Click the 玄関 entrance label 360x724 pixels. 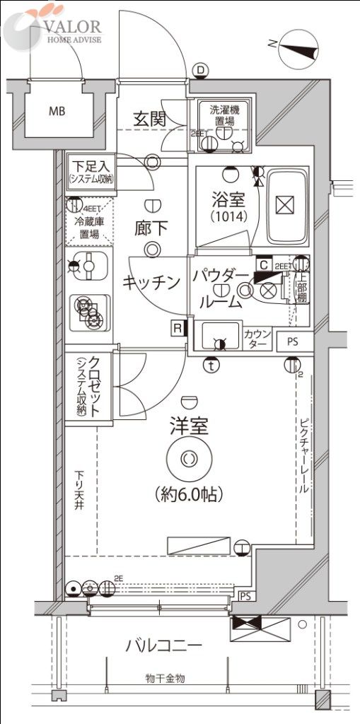pos(149,118)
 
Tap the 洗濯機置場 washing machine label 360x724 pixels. pos(223,115)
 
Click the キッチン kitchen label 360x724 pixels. pos(151,282)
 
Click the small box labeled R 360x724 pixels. pos(176,327)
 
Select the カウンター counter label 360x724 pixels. pos(255,338)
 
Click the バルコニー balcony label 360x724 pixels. pos(164,645)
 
